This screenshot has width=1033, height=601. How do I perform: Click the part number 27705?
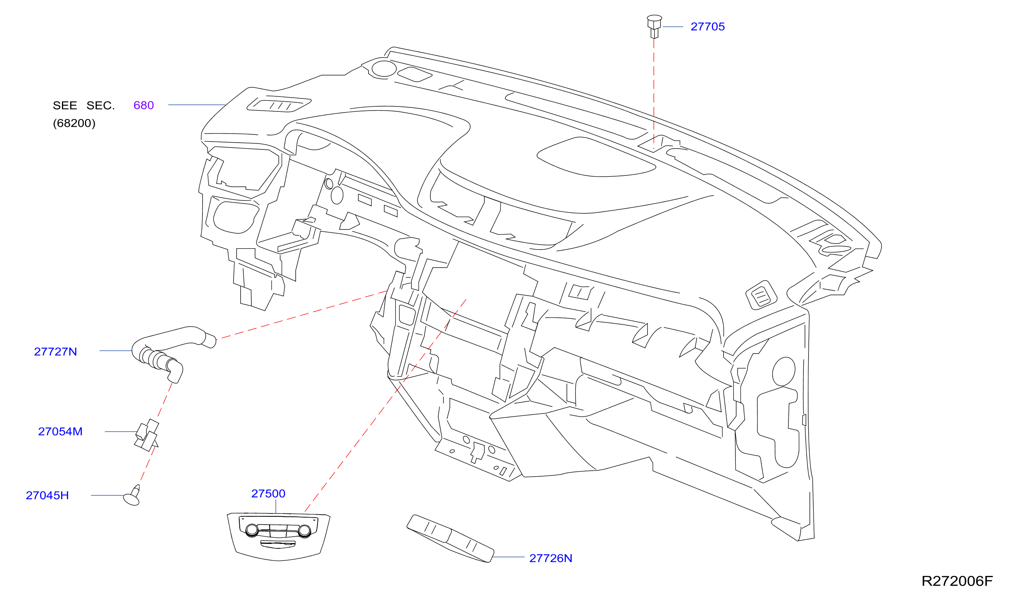click(x=707, y=27)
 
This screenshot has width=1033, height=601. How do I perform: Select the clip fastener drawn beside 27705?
click(x=654, y=27)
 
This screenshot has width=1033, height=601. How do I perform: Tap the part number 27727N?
click(x=55, y=352)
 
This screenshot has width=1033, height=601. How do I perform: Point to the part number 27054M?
click(x=60, y=432)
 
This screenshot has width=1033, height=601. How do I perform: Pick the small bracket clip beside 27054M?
click(x=147, y=435)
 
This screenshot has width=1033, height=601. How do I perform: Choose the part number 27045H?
click(x=47, y=496)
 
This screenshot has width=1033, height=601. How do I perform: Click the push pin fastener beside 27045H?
click(x=132, y=496)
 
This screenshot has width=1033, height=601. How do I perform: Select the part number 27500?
click(x=268, y=494)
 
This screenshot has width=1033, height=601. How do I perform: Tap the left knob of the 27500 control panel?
click(x=252, y=530)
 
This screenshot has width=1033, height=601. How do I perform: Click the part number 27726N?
click(x=551, y=558)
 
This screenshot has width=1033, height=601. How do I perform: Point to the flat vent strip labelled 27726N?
click(x=450, y=539)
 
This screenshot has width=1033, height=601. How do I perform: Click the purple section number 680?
click(x=143, y=105)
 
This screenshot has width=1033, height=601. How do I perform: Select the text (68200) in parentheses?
click(x=74, y=124)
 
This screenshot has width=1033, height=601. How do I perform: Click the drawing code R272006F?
click(x=957, y=581)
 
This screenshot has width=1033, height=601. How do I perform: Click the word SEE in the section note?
click(x=65, y=105)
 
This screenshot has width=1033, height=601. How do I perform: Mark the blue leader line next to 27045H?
click(x=107, y=495)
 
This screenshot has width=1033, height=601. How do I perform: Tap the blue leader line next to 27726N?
click(x=508, y=557)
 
